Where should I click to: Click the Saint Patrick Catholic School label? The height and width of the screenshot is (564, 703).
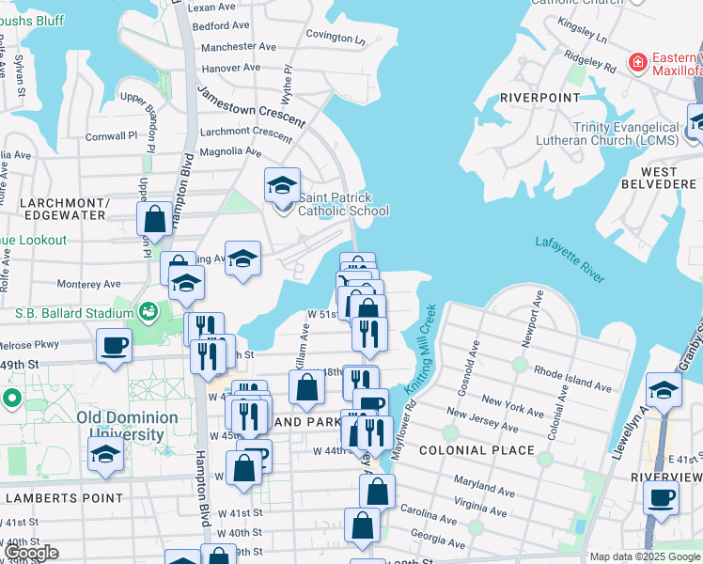point(343,204)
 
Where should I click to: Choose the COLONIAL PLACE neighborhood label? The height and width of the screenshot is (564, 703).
point(478,450)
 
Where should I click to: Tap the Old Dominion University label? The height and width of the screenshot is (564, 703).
point(127,426)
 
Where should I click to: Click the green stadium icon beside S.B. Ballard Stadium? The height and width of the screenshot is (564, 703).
point(148,311)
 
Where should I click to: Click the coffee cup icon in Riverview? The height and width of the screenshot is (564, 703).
point(661,495)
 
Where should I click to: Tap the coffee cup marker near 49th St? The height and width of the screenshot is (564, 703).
point(114,346)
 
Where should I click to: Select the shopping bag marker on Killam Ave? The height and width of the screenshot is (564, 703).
point(307,386)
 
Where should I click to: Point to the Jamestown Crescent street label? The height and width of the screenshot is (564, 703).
point(251,105)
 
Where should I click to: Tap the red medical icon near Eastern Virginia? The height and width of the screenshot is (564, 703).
point(638,62)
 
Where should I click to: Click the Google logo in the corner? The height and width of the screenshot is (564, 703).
point(30,554)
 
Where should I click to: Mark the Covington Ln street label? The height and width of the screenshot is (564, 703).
point(335,38)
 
